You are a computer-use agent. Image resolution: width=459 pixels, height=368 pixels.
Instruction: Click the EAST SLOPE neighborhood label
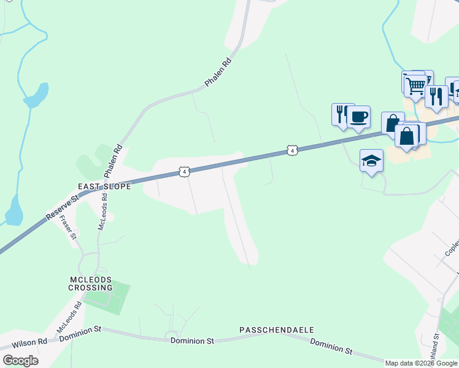pyautogui.click(x=104, y=186)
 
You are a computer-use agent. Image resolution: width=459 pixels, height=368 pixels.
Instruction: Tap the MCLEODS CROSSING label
pyautogui.click(x=90, y=283)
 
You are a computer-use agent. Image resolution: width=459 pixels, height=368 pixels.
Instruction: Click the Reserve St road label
pyautogui.click(x=63, y=209)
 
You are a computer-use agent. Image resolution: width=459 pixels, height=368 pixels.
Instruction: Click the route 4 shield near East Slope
pyautogui.click(x=184, y=172)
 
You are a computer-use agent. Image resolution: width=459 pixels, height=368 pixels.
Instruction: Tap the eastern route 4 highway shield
pyautogui.click(x=292, y=150)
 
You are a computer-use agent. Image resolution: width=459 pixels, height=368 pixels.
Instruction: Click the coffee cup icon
pyautogui.click(x=359, y=116)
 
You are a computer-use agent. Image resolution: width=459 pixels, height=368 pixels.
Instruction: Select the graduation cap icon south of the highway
pyautogui.click(x=371, y=161)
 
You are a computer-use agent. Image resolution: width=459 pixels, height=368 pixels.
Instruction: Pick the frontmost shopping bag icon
pyautogui.click(x=406, y=136)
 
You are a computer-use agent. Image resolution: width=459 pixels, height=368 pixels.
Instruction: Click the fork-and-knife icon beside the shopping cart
pyautogui.click(x=436, y=96)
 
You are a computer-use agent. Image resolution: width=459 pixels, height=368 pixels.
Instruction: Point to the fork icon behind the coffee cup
pyautogui.click(x=341, y=113)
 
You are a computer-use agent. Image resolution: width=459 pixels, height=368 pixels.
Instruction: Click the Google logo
pyautogui.click(x=20, y=361)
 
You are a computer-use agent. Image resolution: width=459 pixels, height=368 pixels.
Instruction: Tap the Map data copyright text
pyautogui.click(x=422, y=363)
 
